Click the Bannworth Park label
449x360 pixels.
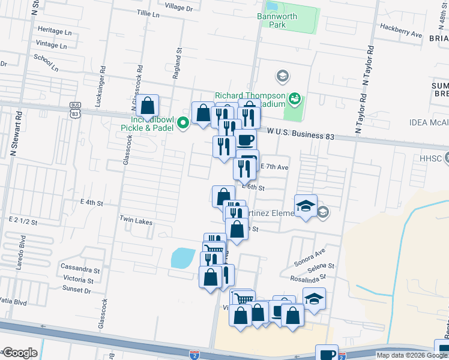[277, 21]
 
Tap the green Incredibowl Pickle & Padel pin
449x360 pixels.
[184, 122]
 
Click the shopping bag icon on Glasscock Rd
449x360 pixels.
[147, 106]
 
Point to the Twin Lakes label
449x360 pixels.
[136, 220]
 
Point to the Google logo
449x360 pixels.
[20, 353]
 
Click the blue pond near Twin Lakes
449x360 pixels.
[183, 259]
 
